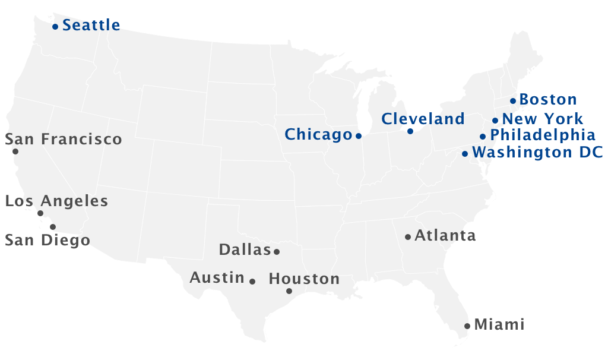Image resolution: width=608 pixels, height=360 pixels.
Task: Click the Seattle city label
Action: tap(91, 26)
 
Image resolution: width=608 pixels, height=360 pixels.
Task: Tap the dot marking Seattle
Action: tap(55, 27)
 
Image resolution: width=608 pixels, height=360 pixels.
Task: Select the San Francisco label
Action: tap(64, 140)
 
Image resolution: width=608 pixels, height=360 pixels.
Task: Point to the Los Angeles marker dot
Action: tap(40, 213)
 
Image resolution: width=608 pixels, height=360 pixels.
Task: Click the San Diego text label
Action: tap(47, 241)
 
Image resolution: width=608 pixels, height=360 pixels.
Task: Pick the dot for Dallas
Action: tap(277, 252)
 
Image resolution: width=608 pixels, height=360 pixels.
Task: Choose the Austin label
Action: tap(217, 277)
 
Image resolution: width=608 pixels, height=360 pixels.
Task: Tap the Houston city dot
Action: tap(289, 291)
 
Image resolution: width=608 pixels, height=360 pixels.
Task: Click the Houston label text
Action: tap(304, 279)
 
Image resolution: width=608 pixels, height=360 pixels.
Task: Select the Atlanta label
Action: tap(445, 236)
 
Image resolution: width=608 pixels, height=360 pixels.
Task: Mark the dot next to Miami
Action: tap(467, 326)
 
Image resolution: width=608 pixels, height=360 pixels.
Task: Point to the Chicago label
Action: tap(318, 135)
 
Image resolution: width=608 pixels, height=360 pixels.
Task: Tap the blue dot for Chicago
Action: tap(359, 136)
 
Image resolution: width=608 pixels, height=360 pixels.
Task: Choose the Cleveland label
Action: tap(423, 119)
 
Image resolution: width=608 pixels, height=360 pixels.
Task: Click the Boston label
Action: tap(547, 100)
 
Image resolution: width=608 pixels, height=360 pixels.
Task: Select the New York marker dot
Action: tap(495, 121)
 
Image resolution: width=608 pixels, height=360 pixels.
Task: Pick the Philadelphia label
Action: tap(542, 135)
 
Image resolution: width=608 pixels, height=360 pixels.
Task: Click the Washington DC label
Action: tap(537, 153)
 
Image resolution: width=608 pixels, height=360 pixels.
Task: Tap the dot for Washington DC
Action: tap(465, 154)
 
